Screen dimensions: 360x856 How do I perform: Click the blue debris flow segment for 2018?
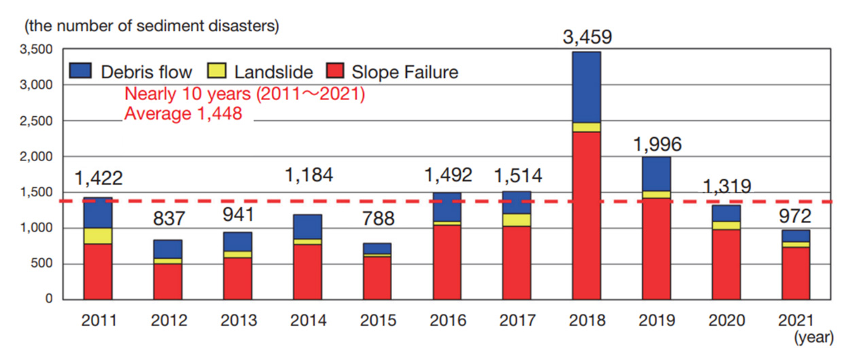pyautogui.click(x=586, y=87)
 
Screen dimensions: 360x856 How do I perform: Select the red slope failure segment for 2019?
pyautogui.click(x=656, y=249)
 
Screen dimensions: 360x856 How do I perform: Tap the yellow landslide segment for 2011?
pyautogui.click(x=98, y=236)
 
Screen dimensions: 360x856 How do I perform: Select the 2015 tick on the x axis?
pyautogui.click(x=377, y=320)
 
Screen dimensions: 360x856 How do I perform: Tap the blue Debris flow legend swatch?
pyautogui.click(x=81, y=71)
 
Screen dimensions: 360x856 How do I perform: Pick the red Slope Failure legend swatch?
pyautogui.click(x=336, y=71)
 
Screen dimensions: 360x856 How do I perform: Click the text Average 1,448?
pyautogui.click(x=183, y=114)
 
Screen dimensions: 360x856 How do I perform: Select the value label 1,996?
pyautogui.click(x=656, y=144)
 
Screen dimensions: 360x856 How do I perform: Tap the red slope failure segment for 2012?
pyautogui.click(x=168, y=281)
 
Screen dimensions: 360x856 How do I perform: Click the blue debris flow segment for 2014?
pyautogui.click(x=307, y=226)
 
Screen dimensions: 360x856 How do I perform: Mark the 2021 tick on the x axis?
pyautogui.click(x=796, y=320)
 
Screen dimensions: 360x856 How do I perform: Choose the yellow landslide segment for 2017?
pyautogui.click(x=517, y=220)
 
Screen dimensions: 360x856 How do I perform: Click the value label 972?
pyautogui.click(x=796, y=216)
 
